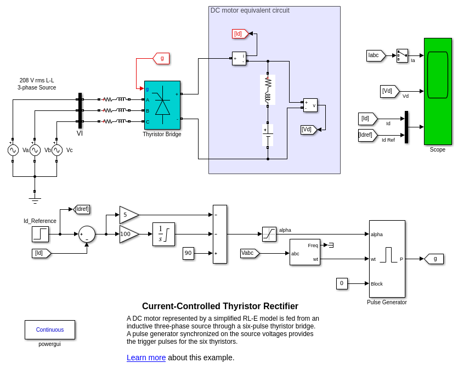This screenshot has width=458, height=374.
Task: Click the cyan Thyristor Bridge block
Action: pos(162,105)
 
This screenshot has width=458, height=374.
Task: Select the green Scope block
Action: pos(438,91)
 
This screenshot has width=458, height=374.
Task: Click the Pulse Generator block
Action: pos(387,259)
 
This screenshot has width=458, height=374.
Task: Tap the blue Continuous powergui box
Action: pos(50,330)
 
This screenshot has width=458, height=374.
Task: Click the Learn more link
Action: pos(146,358)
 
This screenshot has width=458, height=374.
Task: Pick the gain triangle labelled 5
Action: pos(128,215)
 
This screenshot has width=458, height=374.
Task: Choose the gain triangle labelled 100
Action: pos(128,234)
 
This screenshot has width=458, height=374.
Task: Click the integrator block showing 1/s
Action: pos(163,234)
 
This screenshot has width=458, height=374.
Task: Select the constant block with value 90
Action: pos(188,253)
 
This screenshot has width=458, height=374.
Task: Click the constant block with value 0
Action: pos(342,283)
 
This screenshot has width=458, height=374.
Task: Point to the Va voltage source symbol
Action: pos(13,150)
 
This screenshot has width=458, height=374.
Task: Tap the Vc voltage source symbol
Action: pos(57,150)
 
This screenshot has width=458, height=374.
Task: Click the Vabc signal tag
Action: pos(250,253)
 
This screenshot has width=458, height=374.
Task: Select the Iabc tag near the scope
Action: pos(376,55)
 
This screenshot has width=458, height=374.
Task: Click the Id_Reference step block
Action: pos(40,234)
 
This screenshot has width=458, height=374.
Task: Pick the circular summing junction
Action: pos(87,234)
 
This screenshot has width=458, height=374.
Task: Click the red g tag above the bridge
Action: pos(161,58)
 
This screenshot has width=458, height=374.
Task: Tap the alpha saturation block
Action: pos(269,234)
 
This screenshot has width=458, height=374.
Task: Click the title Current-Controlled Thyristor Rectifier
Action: pos(220,306)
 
